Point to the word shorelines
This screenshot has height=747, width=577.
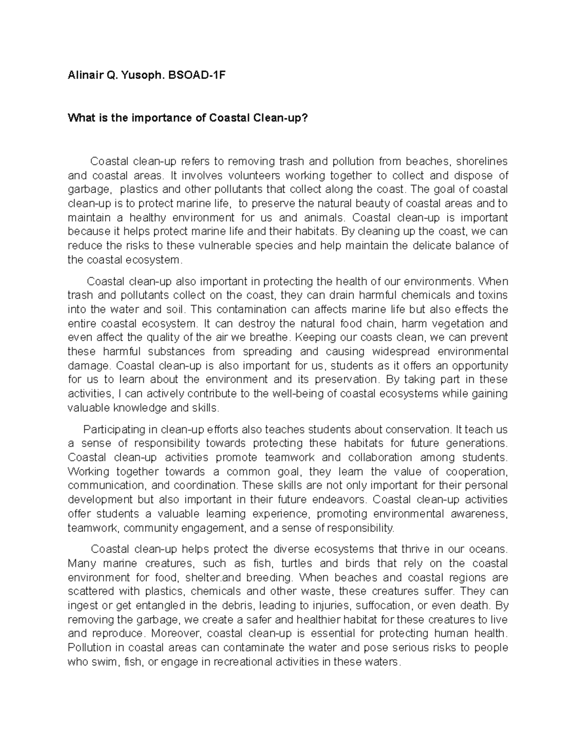click(x=482, y=161)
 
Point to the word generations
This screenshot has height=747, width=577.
click(x=477, y=443)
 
